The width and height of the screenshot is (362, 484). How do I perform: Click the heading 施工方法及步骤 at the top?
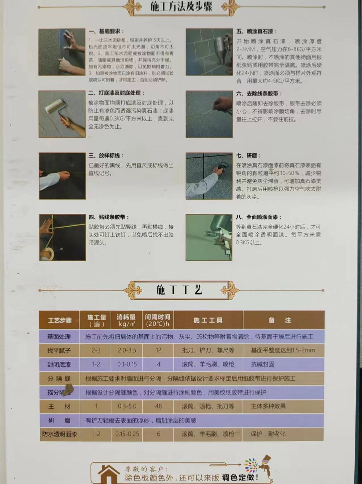(181, 7)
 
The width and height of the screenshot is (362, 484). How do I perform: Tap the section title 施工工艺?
(179, 290)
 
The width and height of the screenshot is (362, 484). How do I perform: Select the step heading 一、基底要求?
(106, 32)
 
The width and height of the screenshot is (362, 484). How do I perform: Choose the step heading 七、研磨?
(248, 156)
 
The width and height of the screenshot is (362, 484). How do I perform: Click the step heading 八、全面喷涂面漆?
(258, 217)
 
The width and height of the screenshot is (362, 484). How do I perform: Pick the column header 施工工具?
(208, 320)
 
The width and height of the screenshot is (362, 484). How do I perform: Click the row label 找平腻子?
(59, 350)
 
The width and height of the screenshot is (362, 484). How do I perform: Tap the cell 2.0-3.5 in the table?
(127, 350)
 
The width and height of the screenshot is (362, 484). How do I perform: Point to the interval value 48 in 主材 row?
(158, 406)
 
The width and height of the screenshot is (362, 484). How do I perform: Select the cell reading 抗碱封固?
(262, 364)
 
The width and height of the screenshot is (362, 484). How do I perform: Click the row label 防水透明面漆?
(59, 434)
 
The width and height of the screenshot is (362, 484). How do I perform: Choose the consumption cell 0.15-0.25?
(127, 434)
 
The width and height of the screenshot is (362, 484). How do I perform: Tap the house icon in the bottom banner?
(108, 473)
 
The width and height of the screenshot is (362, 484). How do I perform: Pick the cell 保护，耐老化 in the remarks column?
(268, 434)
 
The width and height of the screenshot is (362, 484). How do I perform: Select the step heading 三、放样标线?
(106, 156)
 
